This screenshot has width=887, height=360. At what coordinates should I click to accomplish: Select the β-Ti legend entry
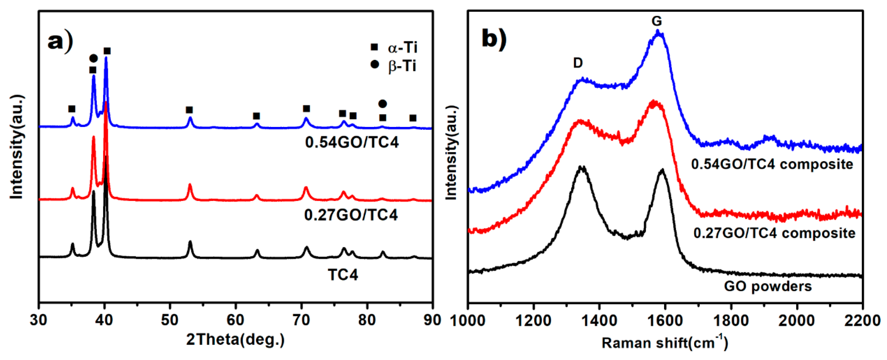(395, 65)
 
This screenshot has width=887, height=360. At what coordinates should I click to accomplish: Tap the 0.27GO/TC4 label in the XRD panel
(351, 215)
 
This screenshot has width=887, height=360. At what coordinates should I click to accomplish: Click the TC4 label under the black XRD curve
(343, 275)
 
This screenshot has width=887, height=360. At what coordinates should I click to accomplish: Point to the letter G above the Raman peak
(657, 21)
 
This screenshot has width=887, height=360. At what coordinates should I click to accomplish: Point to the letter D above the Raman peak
(578, 63)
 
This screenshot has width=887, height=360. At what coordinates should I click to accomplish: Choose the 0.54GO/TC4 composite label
(772, 164)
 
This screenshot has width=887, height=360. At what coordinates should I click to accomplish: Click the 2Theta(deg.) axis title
(235, 340)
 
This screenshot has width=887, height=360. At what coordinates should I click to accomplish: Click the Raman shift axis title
(665, 343)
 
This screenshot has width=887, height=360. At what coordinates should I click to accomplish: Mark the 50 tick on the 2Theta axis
(170, 320)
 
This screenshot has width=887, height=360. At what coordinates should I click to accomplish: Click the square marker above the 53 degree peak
(189, 110)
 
